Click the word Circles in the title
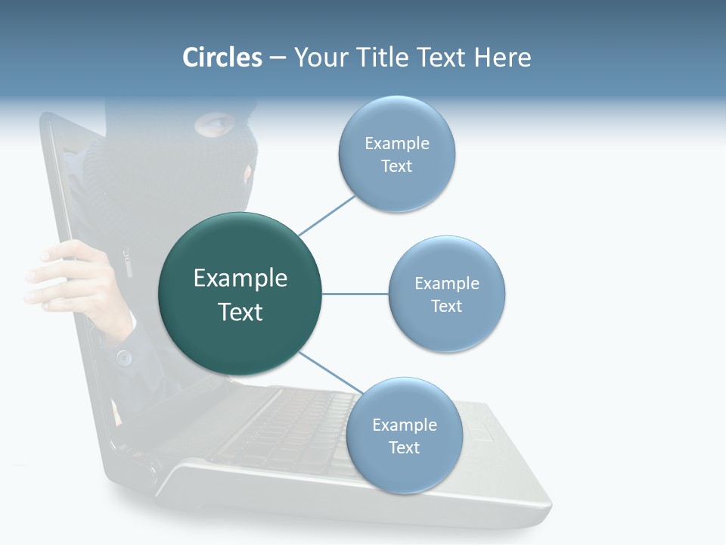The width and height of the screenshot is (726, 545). click(x=222, y=58)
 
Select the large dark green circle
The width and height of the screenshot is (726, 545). click(x=240, y=294)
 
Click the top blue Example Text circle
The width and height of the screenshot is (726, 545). click(x=396, y=154)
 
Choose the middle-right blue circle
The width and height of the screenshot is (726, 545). click(x=446, y=294)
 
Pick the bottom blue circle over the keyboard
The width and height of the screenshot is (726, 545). click(x=404, y=435)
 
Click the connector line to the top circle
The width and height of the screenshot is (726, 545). click(x=327, y=215)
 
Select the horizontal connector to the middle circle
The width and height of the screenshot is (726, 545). click(x=355, y=294)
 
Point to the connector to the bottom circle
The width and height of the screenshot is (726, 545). click(x=329, y=373)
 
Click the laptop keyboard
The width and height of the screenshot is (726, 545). click(x=287, y=431)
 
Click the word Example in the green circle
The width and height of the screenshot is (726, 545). click(x=240, y=279)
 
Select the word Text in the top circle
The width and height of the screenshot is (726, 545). click(x=396, y=167)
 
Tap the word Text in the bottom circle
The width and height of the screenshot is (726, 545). click(x=404, y=448)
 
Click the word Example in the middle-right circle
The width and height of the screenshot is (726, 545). click(x=446, y=284)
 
